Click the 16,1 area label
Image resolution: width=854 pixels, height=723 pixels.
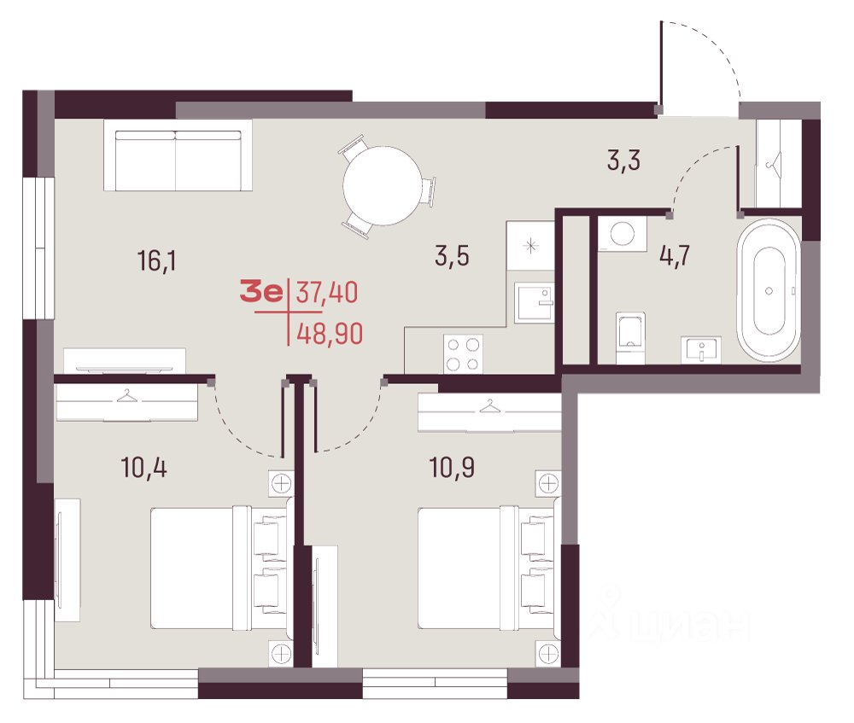point(157,261)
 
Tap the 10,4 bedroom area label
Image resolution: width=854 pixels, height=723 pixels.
point(143,467)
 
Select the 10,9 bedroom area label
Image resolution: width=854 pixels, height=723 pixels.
point(452,467)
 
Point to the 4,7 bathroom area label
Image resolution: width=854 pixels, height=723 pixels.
point(675,254)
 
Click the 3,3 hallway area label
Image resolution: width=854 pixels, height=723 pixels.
point(623,160)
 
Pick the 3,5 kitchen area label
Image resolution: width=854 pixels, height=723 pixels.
point(452,255)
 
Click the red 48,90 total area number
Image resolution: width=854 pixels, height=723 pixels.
point(330,333)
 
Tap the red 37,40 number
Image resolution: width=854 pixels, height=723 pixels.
point(327,292)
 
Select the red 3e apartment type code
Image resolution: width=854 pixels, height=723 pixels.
point(261,292)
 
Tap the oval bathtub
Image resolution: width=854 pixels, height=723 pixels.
point(769,291)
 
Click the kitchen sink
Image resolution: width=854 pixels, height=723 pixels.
point(534,303)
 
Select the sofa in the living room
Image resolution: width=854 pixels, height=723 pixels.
point(178,155)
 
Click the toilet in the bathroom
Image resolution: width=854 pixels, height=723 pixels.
point(631,337)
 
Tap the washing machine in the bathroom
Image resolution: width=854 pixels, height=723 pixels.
point(623,234)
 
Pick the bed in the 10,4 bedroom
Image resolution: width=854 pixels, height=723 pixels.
point(219,568)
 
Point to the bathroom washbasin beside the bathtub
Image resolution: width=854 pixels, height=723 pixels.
point(701,348)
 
